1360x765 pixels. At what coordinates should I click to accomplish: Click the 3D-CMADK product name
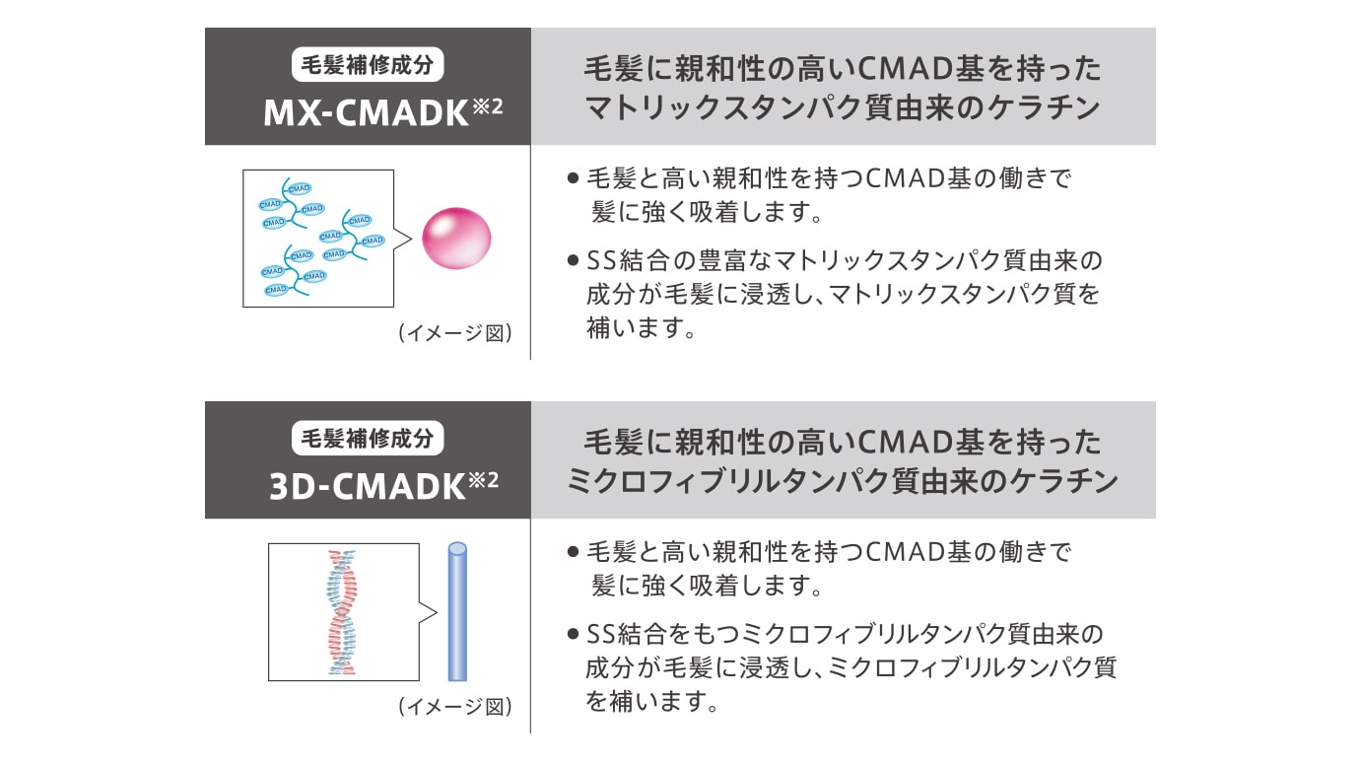tap(365, 487)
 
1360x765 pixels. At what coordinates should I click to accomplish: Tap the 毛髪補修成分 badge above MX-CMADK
tap(368, 66)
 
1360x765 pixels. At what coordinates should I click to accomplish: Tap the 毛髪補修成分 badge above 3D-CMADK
tap(368, 439)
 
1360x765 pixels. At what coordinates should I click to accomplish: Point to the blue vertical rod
tap(456, 611)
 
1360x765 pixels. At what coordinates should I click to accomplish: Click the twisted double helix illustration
tap(340, 611)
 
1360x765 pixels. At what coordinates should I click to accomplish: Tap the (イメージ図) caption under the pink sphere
tap(454, 332)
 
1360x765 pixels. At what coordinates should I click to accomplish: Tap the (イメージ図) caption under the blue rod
tap(454, 706)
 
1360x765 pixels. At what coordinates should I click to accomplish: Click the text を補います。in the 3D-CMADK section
tap(647, 703)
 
